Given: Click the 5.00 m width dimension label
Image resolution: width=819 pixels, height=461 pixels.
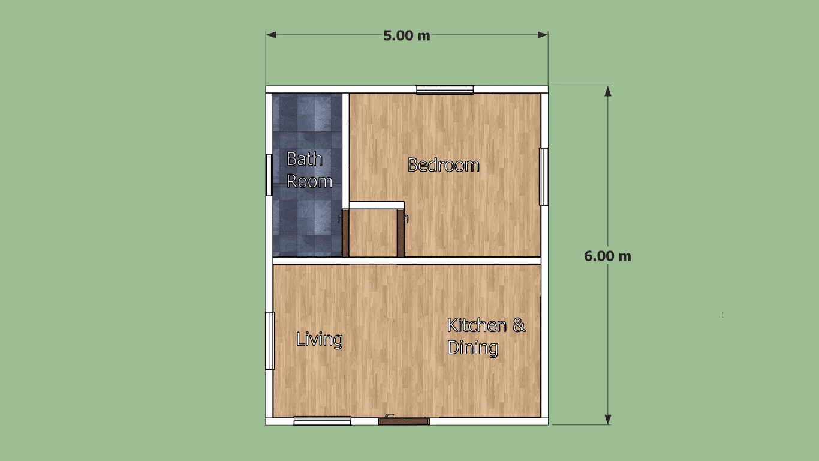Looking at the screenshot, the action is point(407,35).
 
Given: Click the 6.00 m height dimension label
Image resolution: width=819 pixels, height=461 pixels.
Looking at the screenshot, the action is point(607,256).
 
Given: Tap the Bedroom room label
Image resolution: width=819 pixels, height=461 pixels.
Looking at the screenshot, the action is point(443,165).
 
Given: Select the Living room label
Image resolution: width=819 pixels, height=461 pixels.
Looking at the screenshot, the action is point(319,339).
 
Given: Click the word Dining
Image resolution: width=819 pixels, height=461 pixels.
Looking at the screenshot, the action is point(472,348).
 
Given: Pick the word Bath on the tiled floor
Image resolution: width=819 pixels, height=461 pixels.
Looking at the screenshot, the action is point(304,159).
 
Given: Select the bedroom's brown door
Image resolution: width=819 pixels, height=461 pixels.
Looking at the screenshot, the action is point(401,232).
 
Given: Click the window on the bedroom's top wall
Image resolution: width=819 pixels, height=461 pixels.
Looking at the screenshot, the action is point(445,89).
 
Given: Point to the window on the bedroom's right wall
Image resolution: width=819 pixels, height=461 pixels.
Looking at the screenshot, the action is point(544,177).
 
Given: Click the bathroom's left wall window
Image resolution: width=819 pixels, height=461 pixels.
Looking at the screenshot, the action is point(269,175).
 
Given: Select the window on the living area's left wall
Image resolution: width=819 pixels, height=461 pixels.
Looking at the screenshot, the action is point(270,341).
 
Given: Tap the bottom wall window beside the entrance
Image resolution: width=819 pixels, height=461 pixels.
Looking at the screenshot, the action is point(322,421).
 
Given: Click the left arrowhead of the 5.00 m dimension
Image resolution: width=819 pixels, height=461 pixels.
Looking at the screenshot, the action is point(271,35).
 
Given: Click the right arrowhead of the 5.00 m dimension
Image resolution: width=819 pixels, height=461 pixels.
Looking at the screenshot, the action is point(543,35).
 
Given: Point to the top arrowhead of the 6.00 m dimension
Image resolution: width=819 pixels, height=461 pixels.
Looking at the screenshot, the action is point(608,92).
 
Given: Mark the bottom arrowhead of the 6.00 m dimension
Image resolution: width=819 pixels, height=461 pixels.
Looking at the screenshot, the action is point(608,420).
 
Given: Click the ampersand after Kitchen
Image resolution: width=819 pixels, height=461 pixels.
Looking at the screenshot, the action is point(519,325).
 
